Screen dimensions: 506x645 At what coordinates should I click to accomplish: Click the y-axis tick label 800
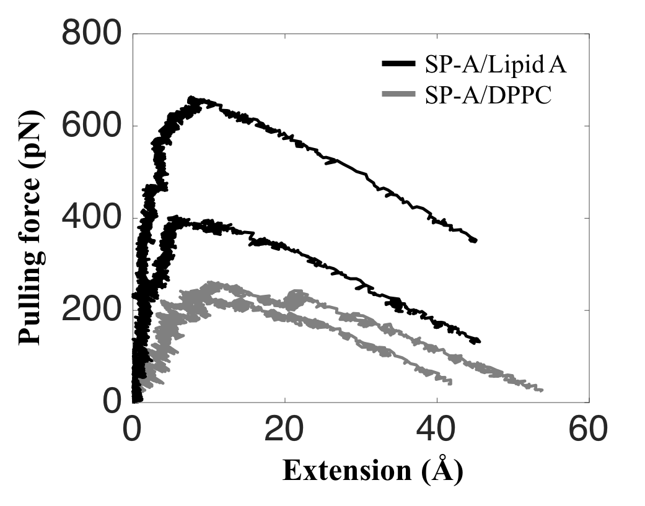[91, 35]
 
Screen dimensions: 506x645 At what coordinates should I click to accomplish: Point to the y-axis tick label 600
[91, 126]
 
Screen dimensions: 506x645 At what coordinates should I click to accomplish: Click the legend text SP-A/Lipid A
[496, 64]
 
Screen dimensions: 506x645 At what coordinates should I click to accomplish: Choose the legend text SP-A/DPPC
[488, 96]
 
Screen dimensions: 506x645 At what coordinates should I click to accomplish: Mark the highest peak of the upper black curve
[191, 98]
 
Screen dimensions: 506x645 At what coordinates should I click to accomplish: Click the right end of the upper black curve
[475, 240]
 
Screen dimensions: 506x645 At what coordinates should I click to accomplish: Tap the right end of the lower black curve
[478, 341]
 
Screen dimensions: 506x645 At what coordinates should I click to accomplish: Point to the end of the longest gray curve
[542, 390]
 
